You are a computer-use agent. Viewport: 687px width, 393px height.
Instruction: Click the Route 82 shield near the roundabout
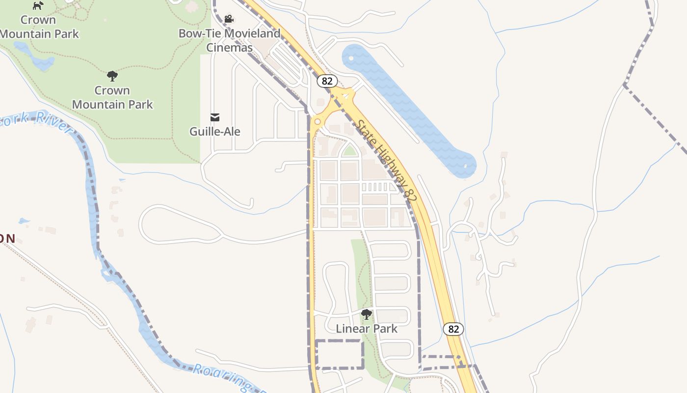click(327, 81)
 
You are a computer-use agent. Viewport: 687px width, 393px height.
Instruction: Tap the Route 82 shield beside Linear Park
click(453, 329)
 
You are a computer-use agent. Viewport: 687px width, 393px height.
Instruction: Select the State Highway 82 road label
click(387, 160)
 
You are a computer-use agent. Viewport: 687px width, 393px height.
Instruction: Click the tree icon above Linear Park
click(366, 314)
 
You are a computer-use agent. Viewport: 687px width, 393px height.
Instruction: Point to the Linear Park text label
click(367, 329)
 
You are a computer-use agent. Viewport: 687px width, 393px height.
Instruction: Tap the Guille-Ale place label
click(215, 132)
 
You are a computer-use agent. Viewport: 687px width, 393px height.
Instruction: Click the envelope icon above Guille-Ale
click(215, 117)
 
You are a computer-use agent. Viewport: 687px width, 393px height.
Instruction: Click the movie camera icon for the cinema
click(229, 19)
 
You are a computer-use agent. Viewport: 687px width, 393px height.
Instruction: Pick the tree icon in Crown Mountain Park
click(112, 76)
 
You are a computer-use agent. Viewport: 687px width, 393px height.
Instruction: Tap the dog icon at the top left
click(38, 5)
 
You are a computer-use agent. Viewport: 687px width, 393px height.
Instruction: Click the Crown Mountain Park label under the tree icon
click(112, 97)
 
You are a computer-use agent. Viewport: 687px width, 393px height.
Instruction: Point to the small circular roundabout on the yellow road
click(317, 121)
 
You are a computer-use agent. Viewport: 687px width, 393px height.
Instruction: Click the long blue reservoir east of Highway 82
click(407, 108)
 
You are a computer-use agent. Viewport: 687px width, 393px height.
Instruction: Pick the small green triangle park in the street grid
click(349, 151)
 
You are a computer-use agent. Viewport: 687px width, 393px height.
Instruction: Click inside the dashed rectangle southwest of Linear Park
click(339, 354)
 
